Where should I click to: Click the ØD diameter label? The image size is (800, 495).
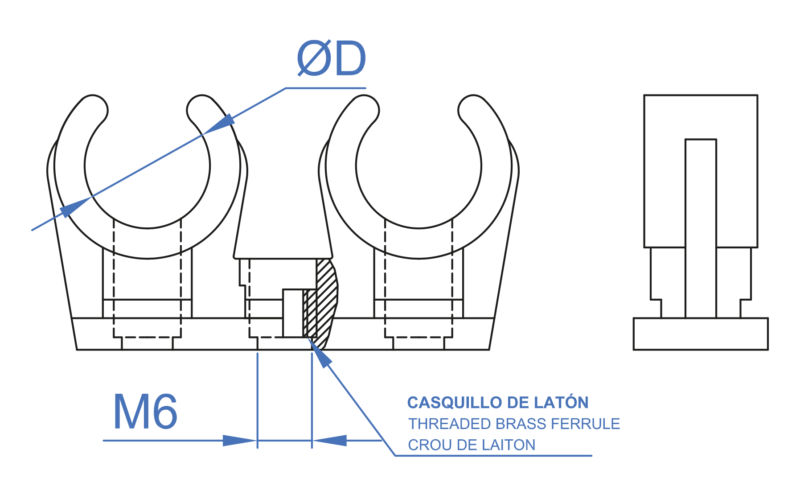[331, 58]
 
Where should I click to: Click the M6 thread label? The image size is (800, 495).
[145, 412]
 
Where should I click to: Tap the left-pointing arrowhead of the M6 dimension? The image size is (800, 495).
[329, 441]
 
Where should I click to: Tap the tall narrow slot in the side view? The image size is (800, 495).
[701, 227]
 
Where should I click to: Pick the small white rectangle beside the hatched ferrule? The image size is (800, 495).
[293, 313]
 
